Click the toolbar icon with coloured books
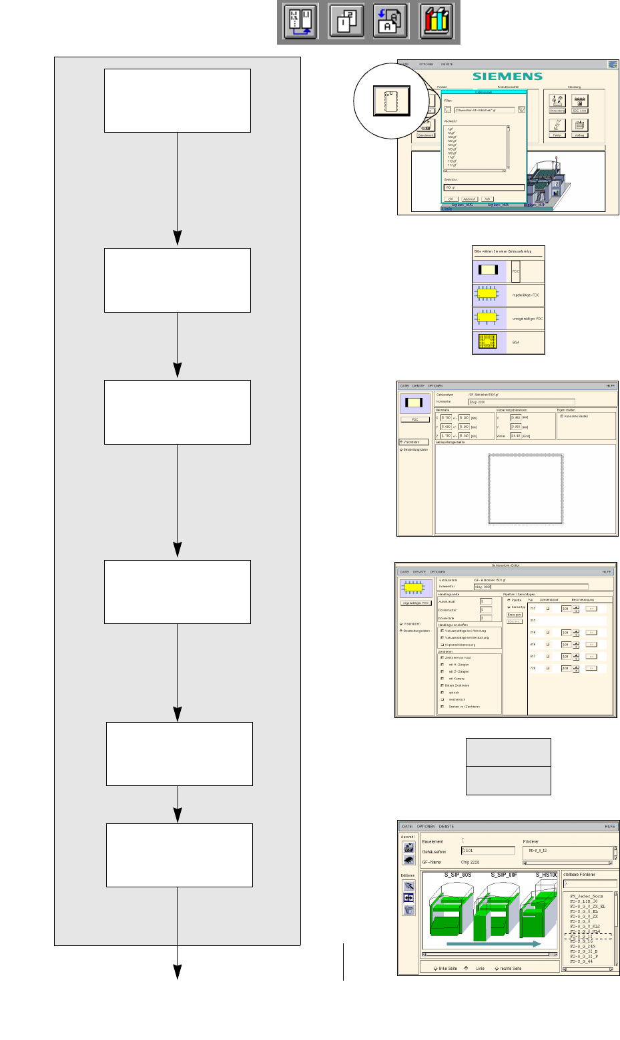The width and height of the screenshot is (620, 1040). (436, 21)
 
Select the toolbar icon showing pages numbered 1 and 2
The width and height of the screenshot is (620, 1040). (346, 21)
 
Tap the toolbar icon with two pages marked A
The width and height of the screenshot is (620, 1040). (390, 21)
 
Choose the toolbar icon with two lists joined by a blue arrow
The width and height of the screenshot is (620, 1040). (300, 21)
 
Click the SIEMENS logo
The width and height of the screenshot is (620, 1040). (507, 76)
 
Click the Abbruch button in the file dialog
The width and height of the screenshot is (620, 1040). (469, 199)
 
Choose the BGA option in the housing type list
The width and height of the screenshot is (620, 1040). (509, 342)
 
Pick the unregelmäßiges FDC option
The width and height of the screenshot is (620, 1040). (509, 318)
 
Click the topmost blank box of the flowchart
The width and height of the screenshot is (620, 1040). (178, 101)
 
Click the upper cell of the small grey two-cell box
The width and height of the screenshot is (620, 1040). (508, 752)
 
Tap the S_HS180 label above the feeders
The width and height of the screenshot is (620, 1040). (547, 874)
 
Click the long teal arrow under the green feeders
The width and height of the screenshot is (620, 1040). (494, 944)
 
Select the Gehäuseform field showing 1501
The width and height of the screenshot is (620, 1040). (488, 851)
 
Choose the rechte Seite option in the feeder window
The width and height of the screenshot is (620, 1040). (508, 968)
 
